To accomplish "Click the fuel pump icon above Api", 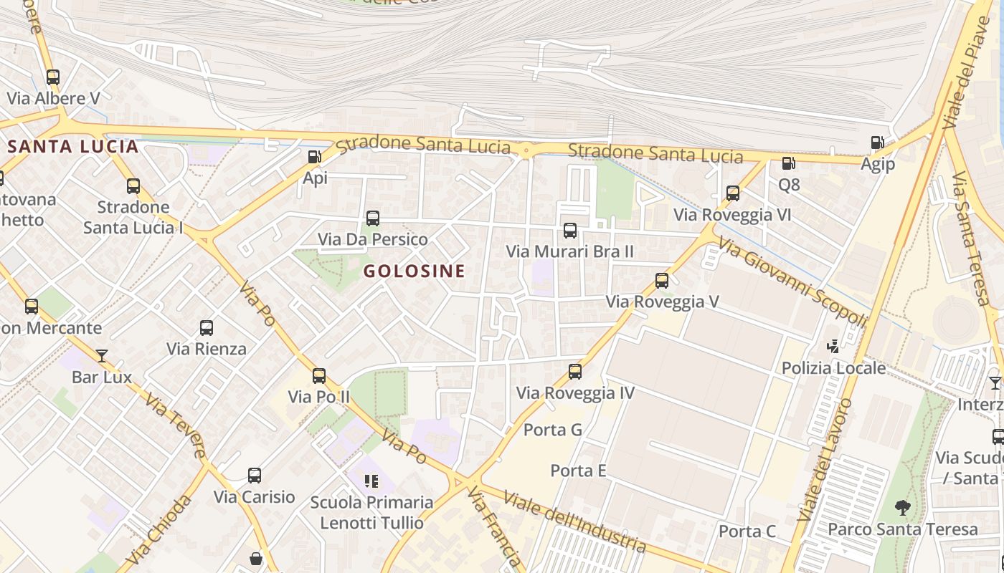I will [314, 157].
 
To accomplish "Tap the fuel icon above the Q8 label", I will [788, 163].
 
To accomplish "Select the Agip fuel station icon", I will [877, 143].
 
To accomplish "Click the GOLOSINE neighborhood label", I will [415, 271].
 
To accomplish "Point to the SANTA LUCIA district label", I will [72, 147].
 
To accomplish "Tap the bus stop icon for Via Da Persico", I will [372, 218].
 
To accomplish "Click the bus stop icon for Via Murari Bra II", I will [570, 231].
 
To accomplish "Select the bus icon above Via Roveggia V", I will [662, 281].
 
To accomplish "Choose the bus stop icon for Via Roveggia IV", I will [575, 372].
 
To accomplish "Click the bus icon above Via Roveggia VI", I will [732, 193].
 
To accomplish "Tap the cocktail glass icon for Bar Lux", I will [102, 356].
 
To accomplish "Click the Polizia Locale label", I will [833, 368].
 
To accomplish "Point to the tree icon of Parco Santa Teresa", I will [903, 509].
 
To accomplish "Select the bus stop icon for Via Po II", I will [319, 376].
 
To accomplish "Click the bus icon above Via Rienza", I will [207, 329].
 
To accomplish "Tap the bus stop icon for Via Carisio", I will [255, 476].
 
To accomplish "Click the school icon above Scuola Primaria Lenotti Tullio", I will [371, 481].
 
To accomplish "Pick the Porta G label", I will [553, 430].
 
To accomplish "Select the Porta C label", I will [747, 531].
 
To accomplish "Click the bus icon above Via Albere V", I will [53, 77].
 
